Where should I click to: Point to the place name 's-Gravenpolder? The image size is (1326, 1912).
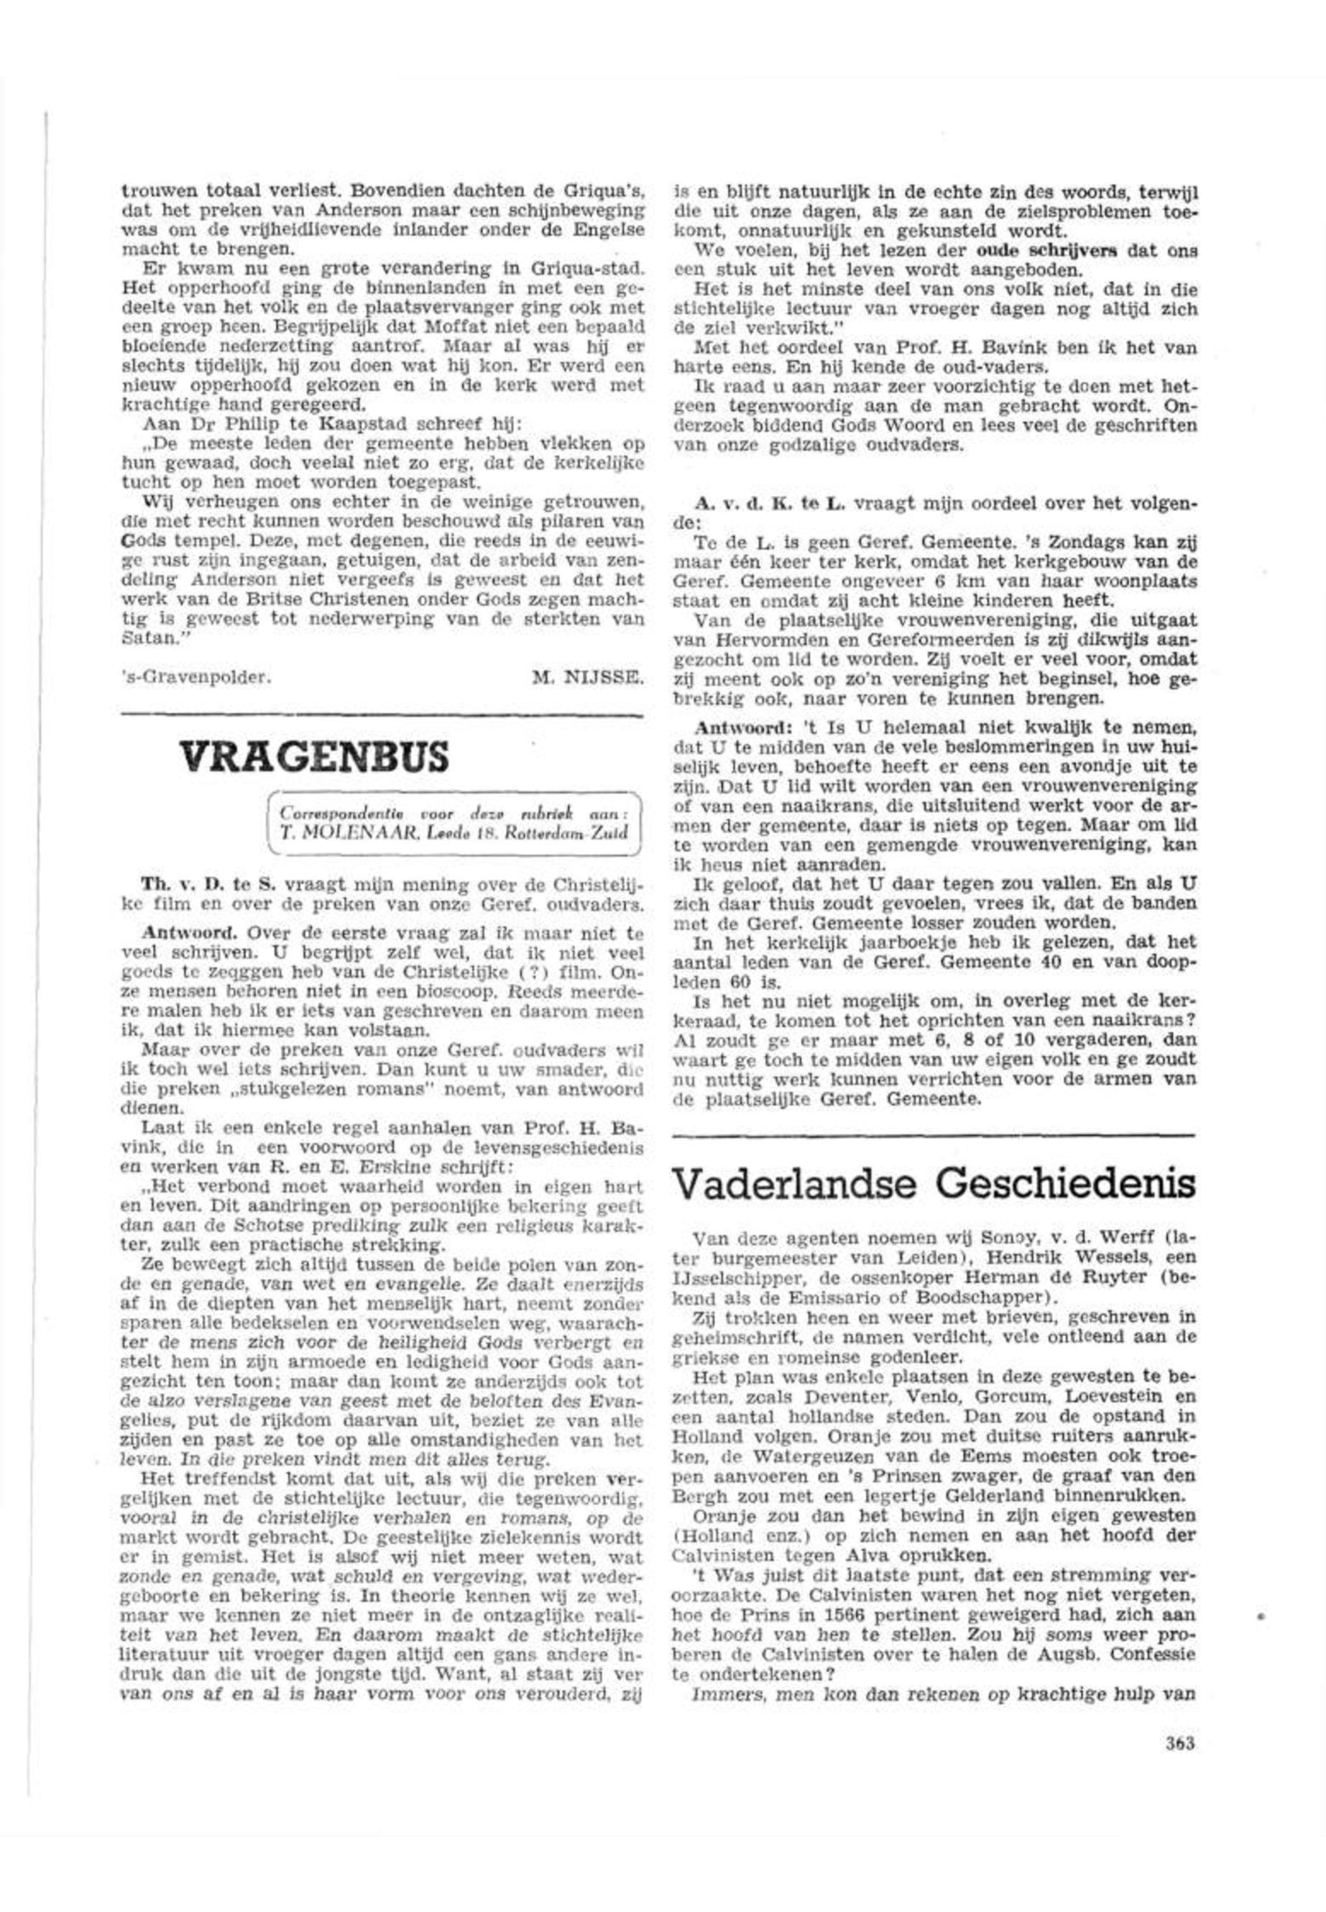tap(197, 677)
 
